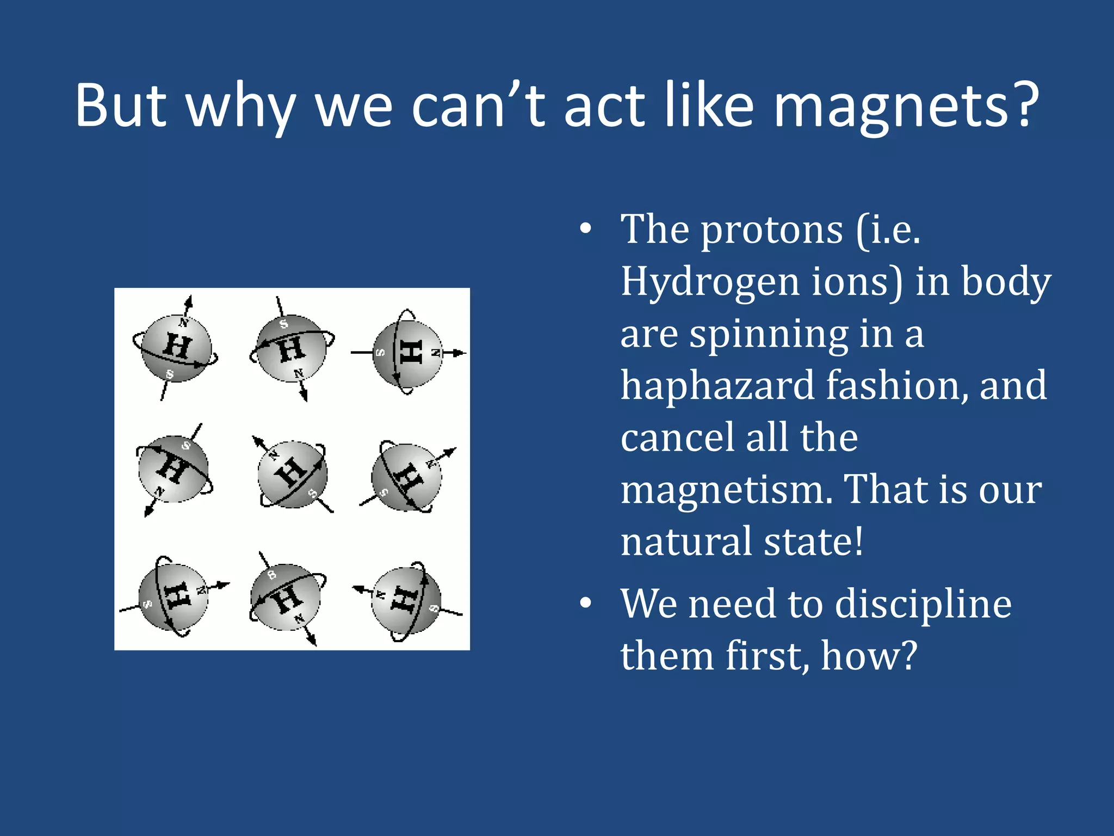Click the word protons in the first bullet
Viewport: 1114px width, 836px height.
pyautogui.click(x=771, y=231)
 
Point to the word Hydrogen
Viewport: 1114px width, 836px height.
pyautogui.click(x=709, y=283)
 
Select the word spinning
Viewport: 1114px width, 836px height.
pyautogui.click(x=769, y=335)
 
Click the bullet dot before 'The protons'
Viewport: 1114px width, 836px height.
pyautogui.click(x=585, y=230)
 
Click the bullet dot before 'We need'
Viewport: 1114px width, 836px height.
pyautogui.click(x=585, y=603)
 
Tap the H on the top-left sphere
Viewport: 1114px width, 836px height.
pyautogui.click(x=178, y=346)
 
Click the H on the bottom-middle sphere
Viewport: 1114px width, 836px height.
pyautogui.click(x=287, y=599)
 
